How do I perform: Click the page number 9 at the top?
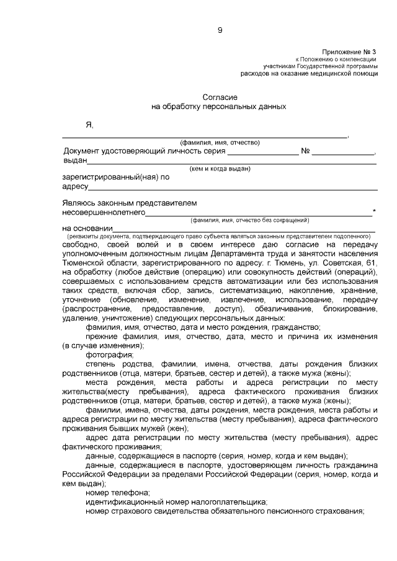coord(220,30)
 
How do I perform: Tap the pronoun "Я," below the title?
coord(89,126)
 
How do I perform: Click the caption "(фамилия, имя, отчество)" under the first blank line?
coord(220,143)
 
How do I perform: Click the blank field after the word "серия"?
coord(263,152)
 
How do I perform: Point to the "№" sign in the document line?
coord(305,151)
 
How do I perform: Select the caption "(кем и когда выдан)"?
coord(220,169)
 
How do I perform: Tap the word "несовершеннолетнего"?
coord(104,212)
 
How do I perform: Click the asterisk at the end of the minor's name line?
coord(374,212)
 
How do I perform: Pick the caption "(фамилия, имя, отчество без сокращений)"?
coord(249,220)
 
